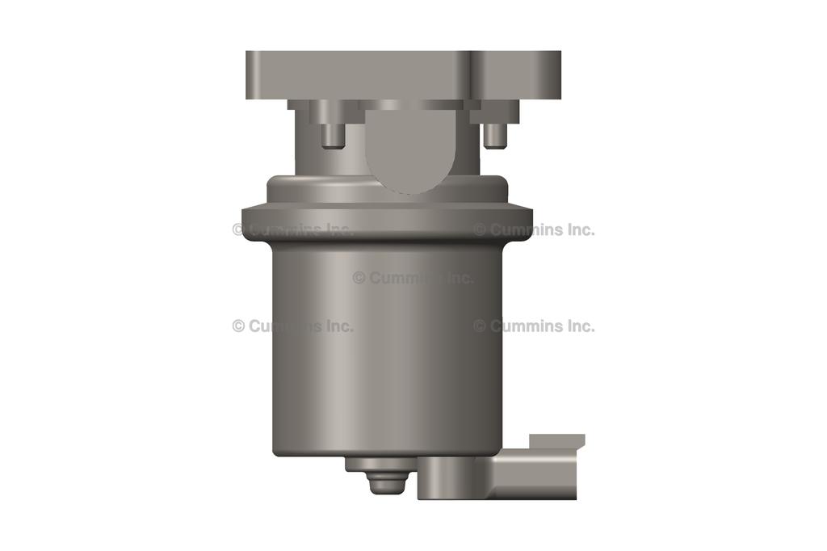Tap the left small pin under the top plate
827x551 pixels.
[x=331, y=134]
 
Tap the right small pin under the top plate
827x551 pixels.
[x=494, y=134]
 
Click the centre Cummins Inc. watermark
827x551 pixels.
[x=413, y=278]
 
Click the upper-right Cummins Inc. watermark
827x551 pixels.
[x=534, y=230]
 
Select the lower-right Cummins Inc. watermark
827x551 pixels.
[x=534, y=326]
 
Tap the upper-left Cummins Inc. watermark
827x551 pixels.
[x=292, y=230]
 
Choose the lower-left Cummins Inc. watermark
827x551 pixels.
[x=292, y=326]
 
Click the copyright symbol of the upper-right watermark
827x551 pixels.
[x=480, y=230]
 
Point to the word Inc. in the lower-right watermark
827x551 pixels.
[x=579, y=326]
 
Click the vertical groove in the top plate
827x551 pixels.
[x=471, y=75]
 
